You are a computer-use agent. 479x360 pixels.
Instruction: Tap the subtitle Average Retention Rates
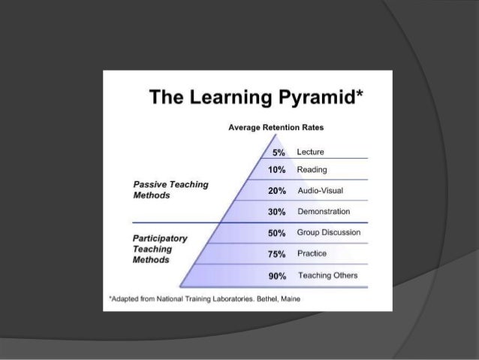point(276,129)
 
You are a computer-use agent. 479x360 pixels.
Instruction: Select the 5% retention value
point(280,153)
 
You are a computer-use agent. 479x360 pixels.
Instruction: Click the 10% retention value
point(277,170)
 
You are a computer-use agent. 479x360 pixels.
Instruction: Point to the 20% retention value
point(277,191)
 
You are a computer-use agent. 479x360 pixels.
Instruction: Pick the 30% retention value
point(277,211)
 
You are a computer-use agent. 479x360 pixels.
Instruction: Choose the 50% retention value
point(277,233)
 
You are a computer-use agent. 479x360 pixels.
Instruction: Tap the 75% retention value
point(277,254)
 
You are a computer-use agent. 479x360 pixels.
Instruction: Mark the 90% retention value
point(277,276)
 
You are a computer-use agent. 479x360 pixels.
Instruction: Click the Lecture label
point(310,153)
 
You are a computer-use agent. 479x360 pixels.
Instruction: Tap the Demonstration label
point(324,211)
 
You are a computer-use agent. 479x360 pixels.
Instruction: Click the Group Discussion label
point(328,232)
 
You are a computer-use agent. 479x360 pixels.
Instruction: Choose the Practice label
point(312,253)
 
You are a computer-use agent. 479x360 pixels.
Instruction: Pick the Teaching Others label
point(327,275)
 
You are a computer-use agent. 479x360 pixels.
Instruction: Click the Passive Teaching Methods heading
point(170,189)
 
